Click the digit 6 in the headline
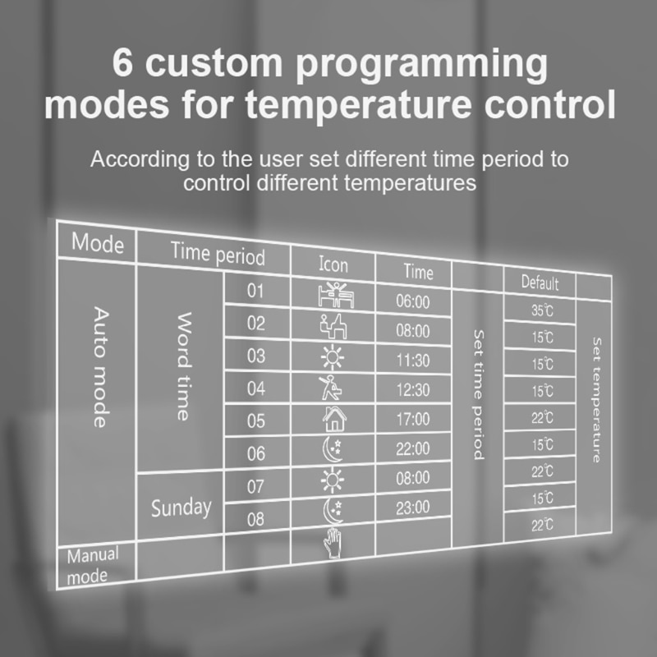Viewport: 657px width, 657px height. point(122,63)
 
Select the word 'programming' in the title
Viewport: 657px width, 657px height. point(421,67)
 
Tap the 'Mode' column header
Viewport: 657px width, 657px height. point(98,242)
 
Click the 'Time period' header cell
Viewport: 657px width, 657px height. point(218,254)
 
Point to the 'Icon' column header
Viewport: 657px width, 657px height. point(333,264)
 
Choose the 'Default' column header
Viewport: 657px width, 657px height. point(540,283)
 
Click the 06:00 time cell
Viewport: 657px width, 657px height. point(413,301)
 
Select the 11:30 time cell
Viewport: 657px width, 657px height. point(413,361)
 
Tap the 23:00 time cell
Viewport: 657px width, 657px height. point(413,508)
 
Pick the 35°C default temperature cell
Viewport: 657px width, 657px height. point(542,310)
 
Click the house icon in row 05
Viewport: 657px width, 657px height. point(334,419)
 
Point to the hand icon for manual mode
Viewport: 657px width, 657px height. point(333,544)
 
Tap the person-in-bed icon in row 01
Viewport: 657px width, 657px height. point(336,295)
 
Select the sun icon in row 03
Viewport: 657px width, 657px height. point(333,357)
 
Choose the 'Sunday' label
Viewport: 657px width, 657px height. point(181,508)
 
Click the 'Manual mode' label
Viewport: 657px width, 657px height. point(93,565)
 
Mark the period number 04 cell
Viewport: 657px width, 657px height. point(256,388)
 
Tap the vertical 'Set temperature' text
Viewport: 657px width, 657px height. point(597,400)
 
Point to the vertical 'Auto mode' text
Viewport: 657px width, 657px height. point(101,367)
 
